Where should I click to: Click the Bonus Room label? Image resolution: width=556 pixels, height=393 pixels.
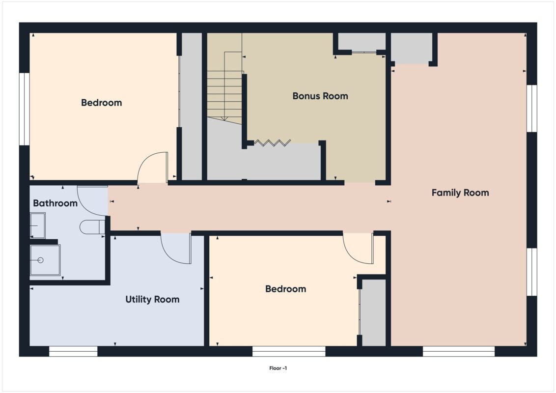[x=320, y=96]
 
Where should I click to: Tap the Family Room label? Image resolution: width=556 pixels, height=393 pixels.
[x=460, y=193]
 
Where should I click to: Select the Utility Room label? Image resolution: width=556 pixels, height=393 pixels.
[x=152, y=299]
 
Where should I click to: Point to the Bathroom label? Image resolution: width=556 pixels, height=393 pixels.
[x=55, y=203]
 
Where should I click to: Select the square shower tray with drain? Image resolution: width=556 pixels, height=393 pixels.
[x=45, y=260]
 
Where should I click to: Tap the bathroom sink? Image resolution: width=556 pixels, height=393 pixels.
[x=37, y=225]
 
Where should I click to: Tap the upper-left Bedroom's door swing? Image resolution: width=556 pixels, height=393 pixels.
[x=153, y=168]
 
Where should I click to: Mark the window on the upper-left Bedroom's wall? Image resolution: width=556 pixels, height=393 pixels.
[x=24, y=109]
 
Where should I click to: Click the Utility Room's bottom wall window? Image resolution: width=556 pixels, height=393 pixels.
[x=73, y=351]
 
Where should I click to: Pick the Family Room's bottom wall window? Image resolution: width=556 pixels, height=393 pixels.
[x=458, y=351]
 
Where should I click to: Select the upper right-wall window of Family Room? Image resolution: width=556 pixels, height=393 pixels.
[x=531, y=108]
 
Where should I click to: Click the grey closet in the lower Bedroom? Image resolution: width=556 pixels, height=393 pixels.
[x=374, y=312]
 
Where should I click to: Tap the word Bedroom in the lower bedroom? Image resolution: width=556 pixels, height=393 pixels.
[x=285, y=289]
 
